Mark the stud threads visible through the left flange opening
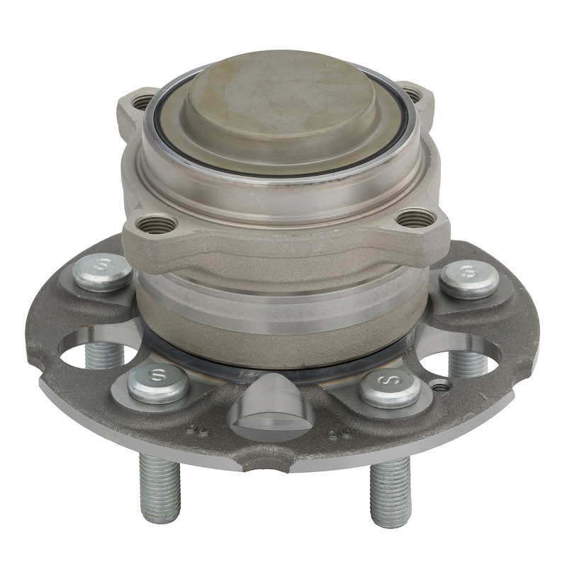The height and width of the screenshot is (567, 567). point(104,354)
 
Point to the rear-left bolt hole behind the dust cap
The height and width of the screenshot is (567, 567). point(142,101)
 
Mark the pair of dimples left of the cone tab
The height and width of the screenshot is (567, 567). point(198,429)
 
